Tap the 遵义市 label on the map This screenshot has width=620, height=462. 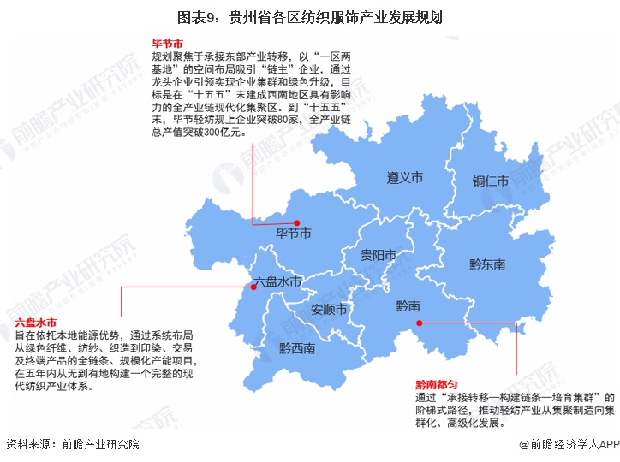tap(404, 178)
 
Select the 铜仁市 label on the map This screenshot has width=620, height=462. tap(491, 181)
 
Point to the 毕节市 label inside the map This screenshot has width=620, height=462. tap(293, 233)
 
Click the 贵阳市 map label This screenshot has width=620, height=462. tap(378, 255)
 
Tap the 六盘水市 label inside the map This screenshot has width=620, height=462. tap(278, 281)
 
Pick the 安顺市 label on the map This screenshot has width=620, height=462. tap(328, 309)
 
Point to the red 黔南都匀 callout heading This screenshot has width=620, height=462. tap(437, 384)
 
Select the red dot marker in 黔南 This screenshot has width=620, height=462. tap(419, 323)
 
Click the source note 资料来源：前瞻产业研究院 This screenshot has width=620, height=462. tap(72, 445)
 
